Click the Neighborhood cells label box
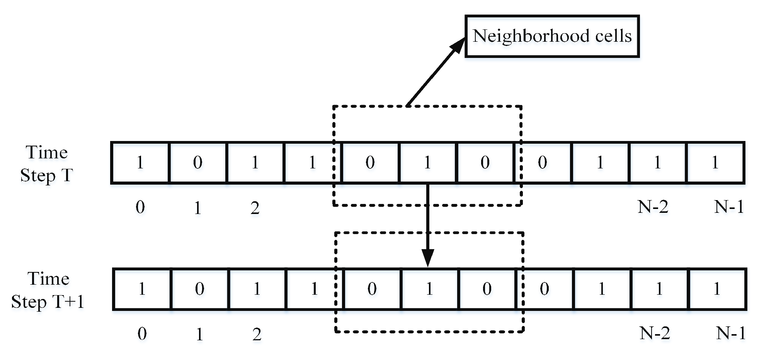click(552, 36)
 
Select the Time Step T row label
click(46, 164)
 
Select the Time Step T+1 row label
click(48, 290)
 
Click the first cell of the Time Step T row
click(140, 163)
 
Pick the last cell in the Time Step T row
click(715, 163)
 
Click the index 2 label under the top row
click(255, 208)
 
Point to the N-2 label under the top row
click(653, 207)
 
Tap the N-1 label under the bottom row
click(730, 333)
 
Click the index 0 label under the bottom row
click(142, 334)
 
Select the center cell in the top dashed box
click(427, 163)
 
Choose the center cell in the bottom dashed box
click(429, 289)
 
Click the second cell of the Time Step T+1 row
click(200, 289)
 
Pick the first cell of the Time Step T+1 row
click(142, 289)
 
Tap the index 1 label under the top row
click(197, 208)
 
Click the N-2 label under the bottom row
click(655, 333)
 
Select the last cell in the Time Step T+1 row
click(717, 289)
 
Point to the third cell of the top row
click(255, 163)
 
